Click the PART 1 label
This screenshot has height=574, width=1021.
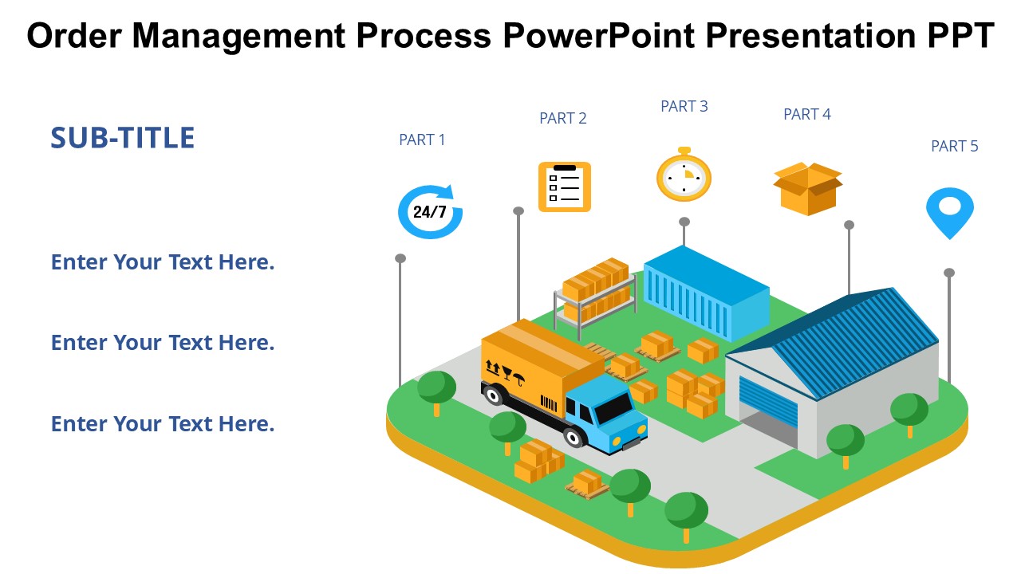click(x=422, y=140)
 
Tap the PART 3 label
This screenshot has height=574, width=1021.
click(x=684, y=106)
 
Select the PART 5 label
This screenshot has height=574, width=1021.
click(x=955, y=146)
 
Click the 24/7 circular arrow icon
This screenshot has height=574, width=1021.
click(x=430, y=211)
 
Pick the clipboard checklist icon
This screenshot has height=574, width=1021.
click(x=565, y=187)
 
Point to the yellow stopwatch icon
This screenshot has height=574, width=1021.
click(x=684, y=175)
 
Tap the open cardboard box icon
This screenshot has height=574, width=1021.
click(x=808, y=189)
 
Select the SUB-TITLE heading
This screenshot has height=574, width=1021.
click(x=123, y=138)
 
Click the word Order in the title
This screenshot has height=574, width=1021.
click(x=74, y=36)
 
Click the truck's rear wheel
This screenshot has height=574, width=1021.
click(x=493, y=395)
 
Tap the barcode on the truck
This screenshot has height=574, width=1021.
click(x=549, y=404)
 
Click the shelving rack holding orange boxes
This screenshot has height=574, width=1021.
click(x=595, y=296)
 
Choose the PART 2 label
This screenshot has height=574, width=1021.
click(x=563, y=119)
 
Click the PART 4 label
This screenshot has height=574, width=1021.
click(x=807, y=114)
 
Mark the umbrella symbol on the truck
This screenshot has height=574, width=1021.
click(x=519, y=379)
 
